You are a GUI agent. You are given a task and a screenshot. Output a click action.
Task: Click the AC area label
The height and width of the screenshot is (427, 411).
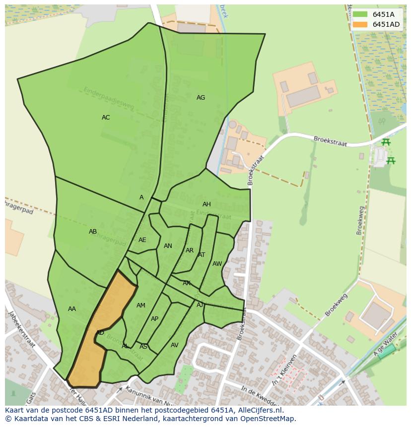(106, 118)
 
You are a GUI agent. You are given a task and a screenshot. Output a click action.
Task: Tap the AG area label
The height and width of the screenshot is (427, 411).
(201, 98)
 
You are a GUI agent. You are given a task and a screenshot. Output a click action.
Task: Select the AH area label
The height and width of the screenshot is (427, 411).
(206, 204)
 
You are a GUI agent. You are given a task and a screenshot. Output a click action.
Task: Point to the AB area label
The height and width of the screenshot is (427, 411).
(93, 232)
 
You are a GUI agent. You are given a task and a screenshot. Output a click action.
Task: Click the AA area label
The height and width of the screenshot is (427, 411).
(72, 309)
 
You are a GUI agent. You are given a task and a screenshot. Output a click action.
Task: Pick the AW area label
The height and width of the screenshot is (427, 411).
(217, 264)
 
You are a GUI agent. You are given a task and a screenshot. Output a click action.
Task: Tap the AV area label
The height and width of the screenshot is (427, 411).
(174, 345)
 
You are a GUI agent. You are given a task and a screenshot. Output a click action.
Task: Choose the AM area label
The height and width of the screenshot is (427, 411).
(141, 305)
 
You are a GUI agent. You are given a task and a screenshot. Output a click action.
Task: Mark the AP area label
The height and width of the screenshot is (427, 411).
(154, 319)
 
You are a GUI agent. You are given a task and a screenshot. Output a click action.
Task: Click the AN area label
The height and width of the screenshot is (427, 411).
(168, 246)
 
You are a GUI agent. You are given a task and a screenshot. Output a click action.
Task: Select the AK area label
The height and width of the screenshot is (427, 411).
(187, 283)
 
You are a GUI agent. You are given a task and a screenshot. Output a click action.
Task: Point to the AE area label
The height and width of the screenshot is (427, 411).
(142, 240)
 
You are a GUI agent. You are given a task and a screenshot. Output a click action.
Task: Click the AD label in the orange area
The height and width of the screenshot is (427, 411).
(100, 333)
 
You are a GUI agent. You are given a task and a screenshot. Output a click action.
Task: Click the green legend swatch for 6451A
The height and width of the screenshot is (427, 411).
(360, 14)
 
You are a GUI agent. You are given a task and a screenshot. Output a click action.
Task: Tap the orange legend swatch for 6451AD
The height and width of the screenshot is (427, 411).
(360, 24)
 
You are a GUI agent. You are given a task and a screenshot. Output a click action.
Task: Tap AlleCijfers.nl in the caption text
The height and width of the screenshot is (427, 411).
(259, 410)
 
